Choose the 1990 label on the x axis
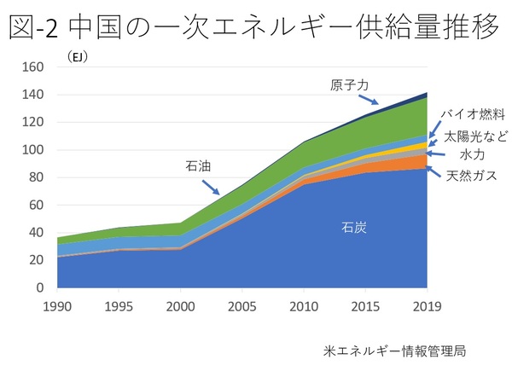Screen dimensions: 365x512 click(x=58, y=304)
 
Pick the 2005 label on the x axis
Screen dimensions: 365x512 click(x=242, y=304)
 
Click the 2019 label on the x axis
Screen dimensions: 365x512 click(x=427, y=304)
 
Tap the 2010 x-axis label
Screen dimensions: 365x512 click(x=304, y=304)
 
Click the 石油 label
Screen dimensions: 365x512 click(x=198, y=166)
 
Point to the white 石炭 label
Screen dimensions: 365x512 click(x=353, y=228)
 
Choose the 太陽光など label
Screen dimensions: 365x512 click(x=474, y=136)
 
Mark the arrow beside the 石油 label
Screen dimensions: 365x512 click(x=211, y=185)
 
